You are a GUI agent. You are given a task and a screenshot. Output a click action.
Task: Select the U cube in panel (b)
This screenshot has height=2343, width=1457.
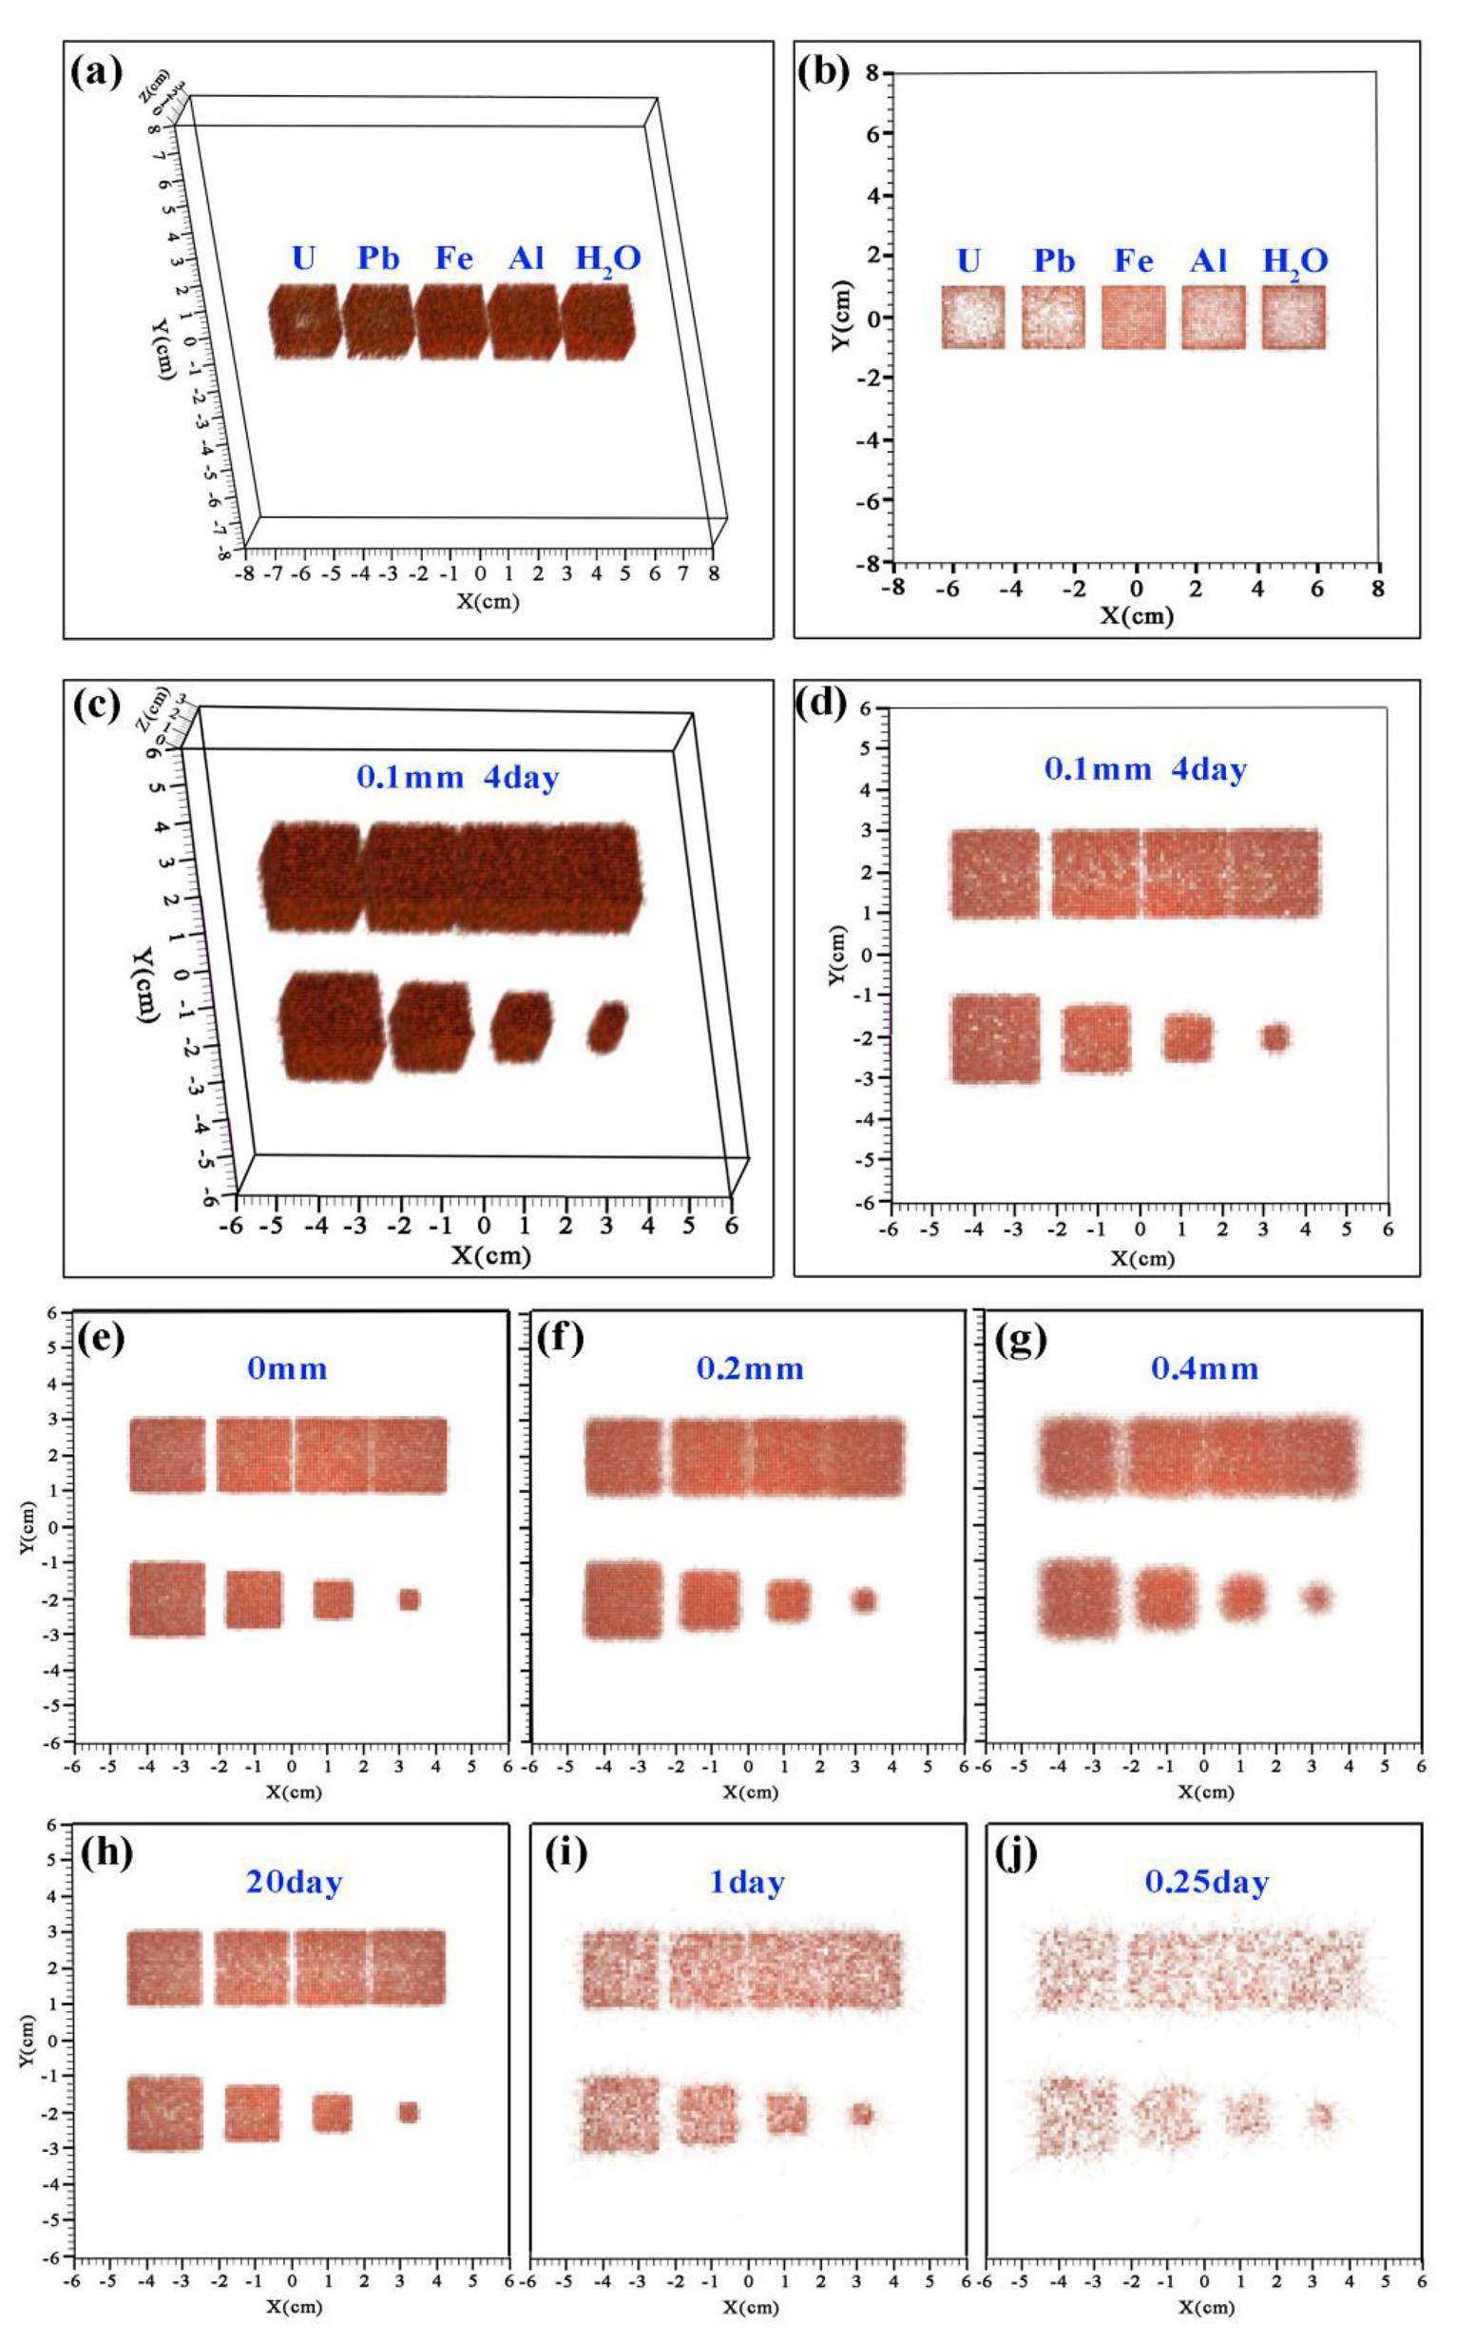click(x=973, y=317)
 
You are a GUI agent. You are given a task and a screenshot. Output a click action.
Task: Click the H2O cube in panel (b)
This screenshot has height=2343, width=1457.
click(x=1294, y=317)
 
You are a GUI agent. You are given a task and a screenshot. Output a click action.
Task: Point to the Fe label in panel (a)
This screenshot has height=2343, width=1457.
click(x=454, y=260)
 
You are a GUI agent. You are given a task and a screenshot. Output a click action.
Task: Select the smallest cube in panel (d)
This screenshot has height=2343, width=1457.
click(x=1275, y=1037)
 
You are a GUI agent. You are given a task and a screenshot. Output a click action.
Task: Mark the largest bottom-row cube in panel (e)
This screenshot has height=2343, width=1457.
click(x=167, y=1599)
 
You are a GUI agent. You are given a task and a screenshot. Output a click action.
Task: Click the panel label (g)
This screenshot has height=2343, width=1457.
click(x=1025, y=1342)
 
